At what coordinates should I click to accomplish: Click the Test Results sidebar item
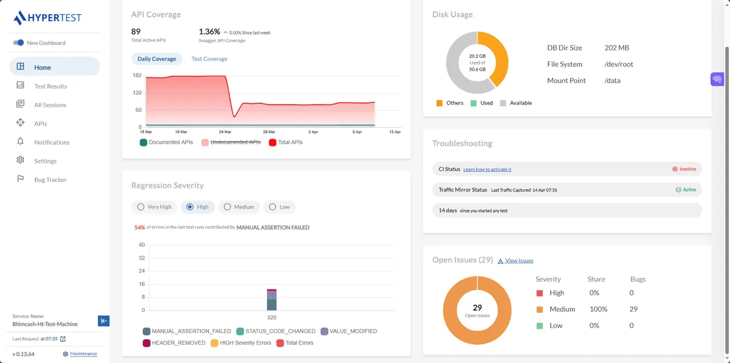pos(50,86)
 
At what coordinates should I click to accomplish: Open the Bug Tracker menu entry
pos(50,180)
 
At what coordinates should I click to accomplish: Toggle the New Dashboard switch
pos(18,43)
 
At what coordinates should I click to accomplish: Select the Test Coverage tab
pos(209,59)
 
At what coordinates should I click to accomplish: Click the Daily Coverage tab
pos(156,59)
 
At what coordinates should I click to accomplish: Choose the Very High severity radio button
pos(155,207)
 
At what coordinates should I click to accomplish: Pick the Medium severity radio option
pos(238,207)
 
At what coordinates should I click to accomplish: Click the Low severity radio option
pos(279,207)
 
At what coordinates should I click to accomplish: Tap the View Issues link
pos(518,261)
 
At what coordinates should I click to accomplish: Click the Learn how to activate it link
pos(487,170)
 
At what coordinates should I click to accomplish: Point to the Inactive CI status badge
pos(684,169)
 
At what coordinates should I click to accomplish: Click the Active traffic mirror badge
pos(686,190)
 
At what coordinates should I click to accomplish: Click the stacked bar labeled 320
pos(272,300)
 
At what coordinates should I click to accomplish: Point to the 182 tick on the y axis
pos(137,75)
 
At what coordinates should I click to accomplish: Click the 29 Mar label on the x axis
pos(269,132)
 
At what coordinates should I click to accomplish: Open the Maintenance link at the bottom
pos(83,354)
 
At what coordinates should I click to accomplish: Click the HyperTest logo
pos(47,18)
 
